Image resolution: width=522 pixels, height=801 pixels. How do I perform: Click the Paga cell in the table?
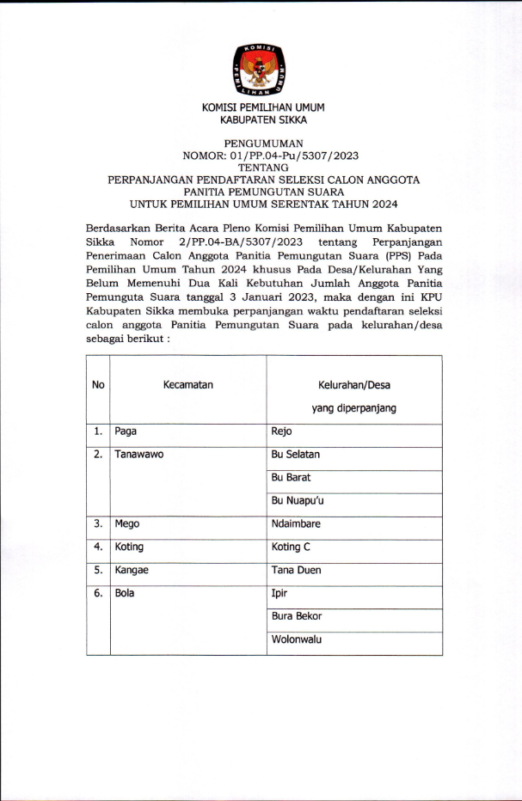coord(126,432)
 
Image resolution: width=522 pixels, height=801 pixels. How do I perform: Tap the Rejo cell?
coord(282,432)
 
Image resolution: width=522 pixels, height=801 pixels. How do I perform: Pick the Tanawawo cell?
coord(139,456)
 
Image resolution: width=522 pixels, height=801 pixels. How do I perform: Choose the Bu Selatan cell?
coord(296,456)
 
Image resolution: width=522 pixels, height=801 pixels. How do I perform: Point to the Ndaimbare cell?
coord(298,523)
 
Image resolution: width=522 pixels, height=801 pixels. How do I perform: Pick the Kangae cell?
coord(132,570)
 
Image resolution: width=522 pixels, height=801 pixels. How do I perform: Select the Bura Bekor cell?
coord(297,616)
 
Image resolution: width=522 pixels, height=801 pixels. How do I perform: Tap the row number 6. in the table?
coord(98,593)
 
